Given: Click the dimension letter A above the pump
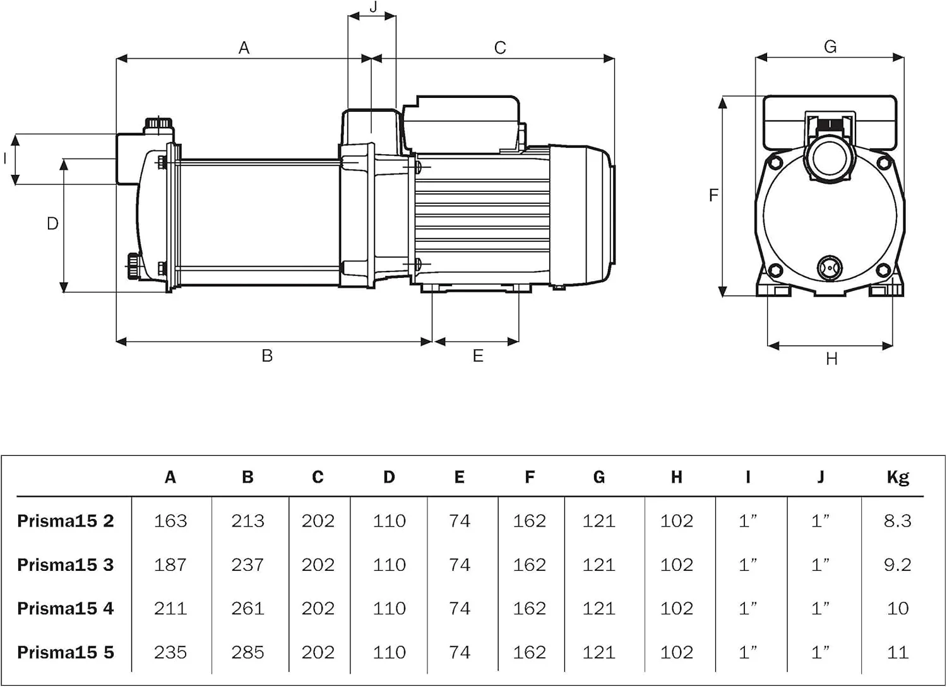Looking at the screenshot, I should [244, 48].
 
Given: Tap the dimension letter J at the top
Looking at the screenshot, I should [373, 7].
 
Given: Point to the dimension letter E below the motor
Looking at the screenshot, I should [478, 356].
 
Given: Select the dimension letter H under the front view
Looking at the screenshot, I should [831, 359].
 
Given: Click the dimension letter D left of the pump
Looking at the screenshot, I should [53, 224].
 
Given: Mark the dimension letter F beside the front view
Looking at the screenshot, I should [713, 195].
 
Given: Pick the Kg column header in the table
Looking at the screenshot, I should [897, 477].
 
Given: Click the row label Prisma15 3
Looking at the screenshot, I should [66, 565].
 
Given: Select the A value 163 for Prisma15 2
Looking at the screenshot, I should [170, 521].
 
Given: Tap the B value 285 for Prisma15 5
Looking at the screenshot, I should [247, 652].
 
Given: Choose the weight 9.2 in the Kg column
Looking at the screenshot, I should [897, 565].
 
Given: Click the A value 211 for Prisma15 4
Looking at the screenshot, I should [170, 609].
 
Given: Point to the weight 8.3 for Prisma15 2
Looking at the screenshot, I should [897, 521].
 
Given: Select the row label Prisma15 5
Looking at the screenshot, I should [66, 652].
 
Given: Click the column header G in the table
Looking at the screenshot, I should [599, 477].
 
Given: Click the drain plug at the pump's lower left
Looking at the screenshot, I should [133, 266].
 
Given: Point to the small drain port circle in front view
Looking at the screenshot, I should [830, 268].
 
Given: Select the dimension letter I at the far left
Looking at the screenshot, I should [6, 158].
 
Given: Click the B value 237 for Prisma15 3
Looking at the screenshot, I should [247, 565].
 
